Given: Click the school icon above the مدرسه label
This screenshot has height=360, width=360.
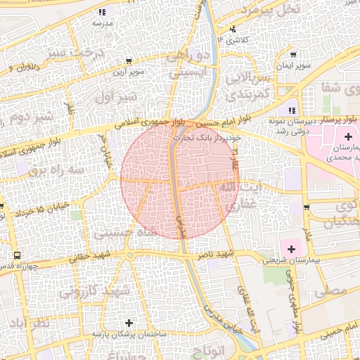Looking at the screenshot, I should [102, 12].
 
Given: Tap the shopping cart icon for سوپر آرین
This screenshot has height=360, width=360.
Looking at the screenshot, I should [131, 61].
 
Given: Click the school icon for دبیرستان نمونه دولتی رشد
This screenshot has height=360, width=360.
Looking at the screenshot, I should [291, 110].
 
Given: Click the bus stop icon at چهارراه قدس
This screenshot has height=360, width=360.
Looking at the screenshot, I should [16, 255].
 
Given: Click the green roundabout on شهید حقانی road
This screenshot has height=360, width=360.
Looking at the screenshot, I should [130, 256].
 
